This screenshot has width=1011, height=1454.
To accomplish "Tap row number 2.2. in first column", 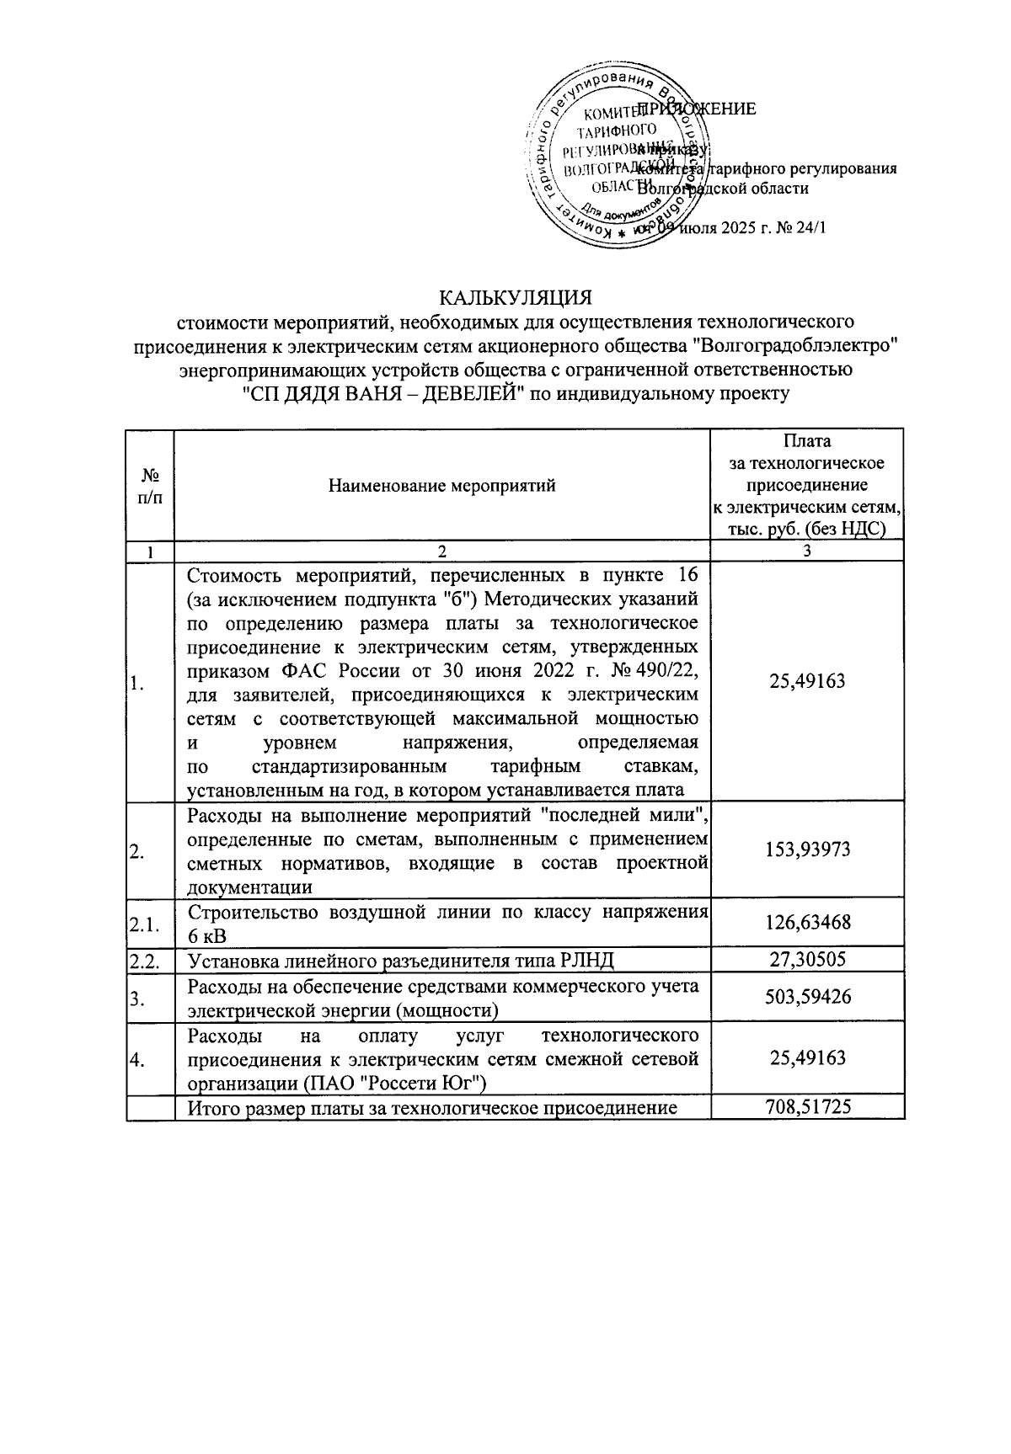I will click(144, 960).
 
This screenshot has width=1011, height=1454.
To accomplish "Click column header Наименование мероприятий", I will click(441, 486).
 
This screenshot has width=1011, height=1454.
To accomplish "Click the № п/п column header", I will click(149, 486).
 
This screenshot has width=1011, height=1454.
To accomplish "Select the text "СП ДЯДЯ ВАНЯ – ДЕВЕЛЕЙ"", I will click(383, 393).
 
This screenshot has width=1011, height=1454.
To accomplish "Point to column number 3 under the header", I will click(807, 551).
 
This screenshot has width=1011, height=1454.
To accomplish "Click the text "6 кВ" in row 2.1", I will click(206, 936).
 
